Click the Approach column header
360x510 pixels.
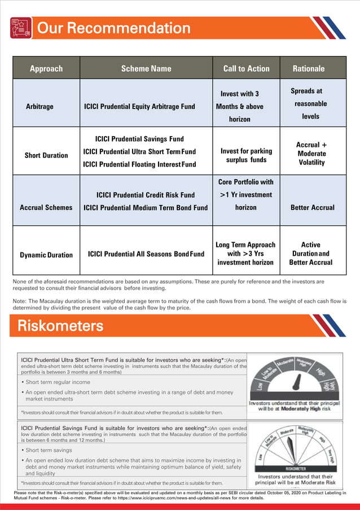point(46,69)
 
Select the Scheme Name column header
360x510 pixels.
point(146,69)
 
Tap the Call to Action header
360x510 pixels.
point(246,69)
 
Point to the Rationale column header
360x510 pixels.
point(309,69)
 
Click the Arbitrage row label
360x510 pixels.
point(40,106)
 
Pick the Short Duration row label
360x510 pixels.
point(46,155)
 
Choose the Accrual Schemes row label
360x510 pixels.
point(46,207)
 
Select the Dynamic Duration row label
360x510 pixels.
point(46,255)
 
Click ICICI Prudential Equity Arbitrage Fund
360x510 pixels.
point(139,106)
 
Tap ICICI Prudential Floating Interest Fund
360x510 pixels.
point(139,164)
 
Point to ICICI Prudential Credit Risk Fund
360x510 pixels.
point(146,195)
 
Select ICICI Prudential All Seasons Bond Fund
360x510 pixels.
point(146,254)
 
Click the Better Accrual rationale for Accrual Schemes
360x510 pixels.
point(312,207)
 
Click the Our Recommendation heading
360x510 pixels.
point(113,28)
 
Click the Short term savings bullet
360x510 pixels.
point(48,450)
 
